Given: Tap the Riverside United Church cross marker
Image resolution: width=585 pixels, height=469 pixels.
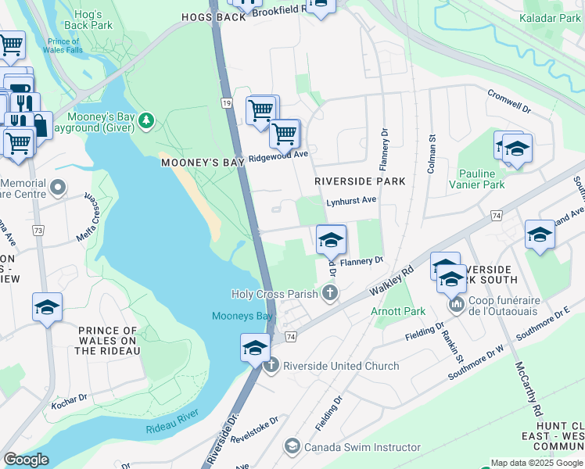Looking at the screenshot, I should point(271,366).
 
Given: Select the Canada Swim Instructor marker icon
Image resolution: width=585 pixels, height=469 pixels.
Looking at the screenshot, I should point(292,446).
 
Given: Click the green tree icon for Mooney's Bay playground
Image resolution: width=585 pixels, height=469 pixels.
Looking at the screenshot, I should point(146,120).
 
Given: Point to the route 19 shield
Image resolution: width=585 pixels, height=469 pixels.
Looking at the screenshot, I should point(226,103).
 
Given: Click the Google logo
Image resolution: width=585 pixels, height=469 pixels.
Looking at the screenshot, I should point(26,460).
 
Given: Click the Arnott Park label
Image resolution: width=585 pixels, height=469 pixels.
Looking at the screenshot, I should point(398,311).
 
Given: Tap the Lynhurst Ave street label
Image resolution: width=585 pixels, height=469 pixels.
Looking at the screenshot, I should point(351,200).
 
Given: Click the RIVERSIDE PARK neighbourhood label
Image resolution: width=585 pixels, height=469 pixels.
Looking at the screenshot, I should point(360,181).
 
